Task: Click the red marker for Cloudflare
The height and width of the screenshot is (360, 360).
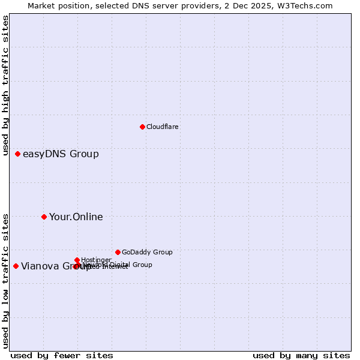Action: click(142, 127)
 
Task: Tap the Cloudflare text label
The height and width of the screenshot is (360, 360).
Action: click(162, 127)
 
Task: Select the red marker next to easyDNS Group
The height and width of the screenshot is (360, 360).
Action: click(17, 154)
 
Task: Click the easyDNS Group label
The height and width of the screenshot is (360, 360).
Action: click(61, 154)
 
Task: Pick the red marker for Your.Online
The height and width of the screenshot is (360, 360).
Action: click(44, 217)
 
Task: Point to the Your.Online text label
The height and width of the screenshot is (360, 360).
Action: click(76, 217)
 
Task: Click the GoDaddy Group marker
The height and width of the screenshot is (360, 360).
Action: click(118, 252)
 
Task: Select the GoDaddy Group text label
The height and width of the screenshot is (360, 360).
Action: click(146, 252)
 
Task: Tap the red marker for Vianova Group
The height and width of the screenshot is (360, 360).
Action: click(16, 266)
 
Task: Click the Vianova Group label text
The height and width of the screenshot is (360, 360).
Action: click(51, 266)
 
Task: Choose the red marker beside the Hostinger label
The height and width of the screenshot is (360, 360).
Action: click(77, 260)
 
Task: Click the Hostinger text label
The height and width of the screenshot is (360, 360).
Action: click(96, 260)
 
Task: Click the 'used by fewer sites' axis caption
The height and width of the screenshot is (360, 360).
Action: click(62, 355)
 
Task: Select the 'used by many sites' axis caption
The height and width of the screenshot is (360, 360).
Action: click(301, 355)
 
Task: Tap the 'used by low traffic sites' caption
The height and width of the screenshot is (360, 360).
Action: click(6, 280)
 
